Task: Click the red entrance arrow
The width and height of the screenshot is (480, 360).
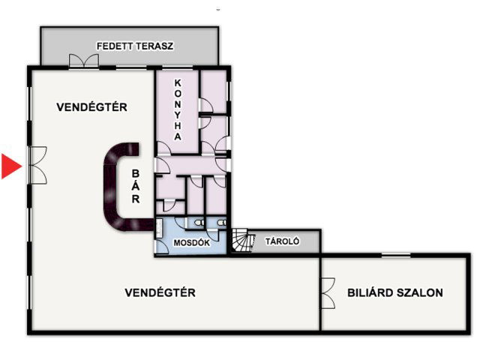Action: click(x=10, y=166)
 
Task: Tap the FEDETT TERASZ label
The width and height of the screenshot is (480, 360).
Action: click(x=135, y=46)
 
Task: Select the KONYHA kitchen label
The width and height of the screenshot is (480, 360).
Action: click(x=178, y=109)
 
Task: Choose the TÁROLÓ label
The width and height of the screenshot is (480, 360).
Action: click(x=283, y=241)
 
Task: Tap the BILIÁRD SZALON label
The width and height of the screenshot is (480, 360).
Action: click(x=395, y=292)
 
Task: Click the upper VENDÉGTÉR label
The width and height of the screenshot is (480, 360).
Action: click(x=91, y=107)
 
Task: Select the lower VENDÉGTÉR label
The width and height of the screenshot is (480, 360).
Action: click(x=160, y=292)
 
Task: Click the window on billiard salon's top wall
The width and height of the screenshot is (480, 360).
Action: click(x=395, y=256)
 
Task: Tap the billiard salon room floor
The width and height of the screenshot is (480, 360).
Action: click(x=395, y=311)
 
